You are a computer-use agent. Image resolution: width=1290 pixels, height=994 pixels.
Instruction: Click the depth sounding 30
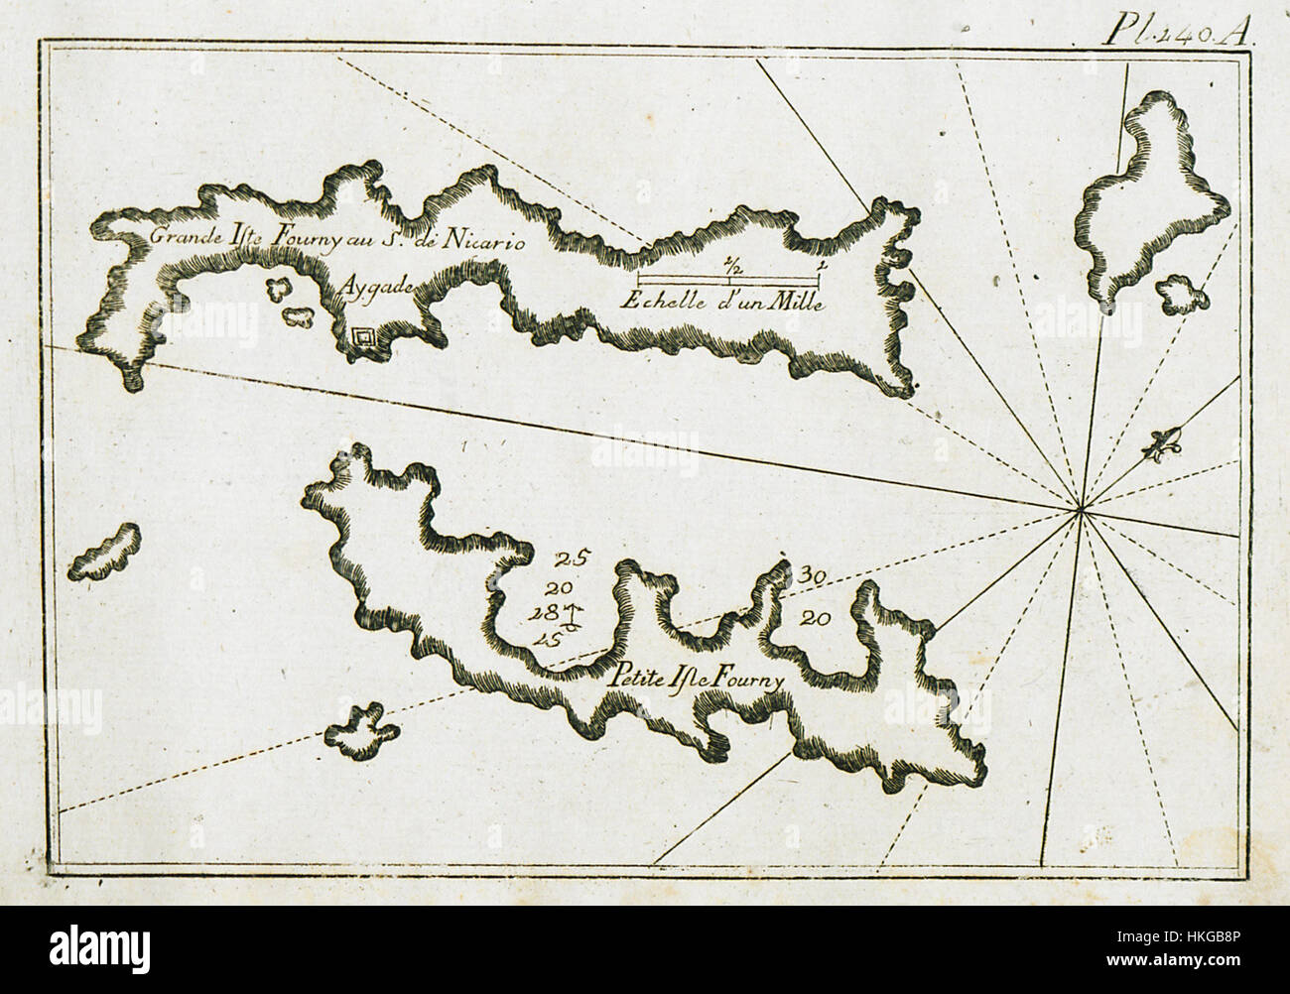pyautogui.click(x=813, y=574)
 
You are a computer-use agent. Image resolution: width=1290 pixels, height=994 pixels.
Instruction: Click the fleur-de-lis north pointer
pyautogui.click(x=1162, y=446)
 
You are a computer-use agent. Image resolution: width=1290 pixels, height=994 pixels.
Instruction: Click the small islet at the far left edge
pyautogui.click(x=104, y=553)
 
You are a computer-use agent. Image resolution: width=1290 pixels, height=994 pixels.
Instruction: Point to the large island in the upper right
pyautogui.click(x=1151, y=198)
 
